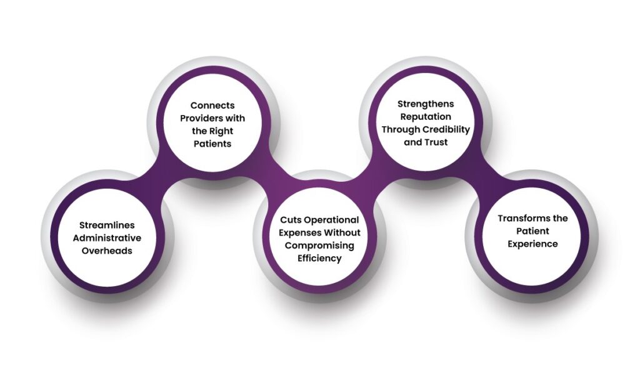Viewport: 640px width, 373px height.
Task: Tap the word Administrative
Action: click(x=107, y=238)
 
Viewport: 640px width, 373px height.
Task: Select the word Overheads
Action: click(x=107, y=251)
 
